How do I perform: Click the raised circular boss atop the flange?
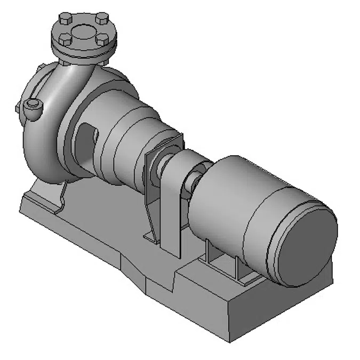point(83,30)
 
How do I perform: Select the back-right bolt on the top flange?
point(102,20)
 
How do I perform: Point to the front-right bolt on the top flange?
point(101,41)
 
